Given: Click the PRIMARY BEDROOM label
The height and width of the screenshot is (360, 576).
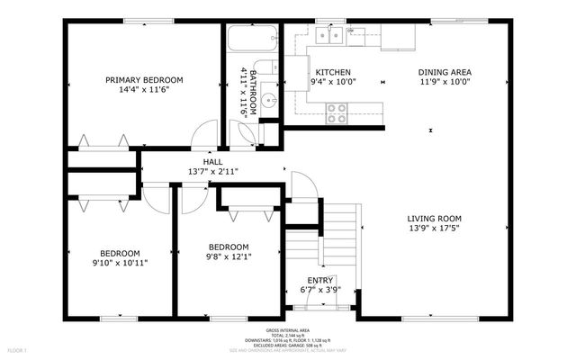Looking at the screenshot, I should point(144,79).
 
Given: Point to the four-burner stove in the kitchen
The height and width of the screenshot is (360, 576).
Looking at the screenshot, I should point(337,112).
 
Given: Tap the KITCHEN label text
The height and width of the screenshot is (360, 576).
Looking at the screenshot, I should point(332,73).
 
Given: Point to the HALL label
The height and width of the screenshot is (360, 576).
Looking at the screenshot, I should point(212,162).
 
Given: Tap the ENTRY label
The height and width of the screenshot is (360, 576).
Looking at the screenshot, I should point(319,281).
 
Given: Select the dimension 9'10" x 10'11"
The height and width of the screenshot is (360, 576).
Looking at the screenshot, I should point(120,264).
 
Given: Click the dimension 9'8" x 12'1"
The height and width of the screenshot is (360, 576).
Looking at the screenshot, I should point(229,256).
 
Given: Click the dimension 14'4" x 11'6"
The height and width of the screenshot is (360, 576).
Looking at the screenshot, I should point(144,90).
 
